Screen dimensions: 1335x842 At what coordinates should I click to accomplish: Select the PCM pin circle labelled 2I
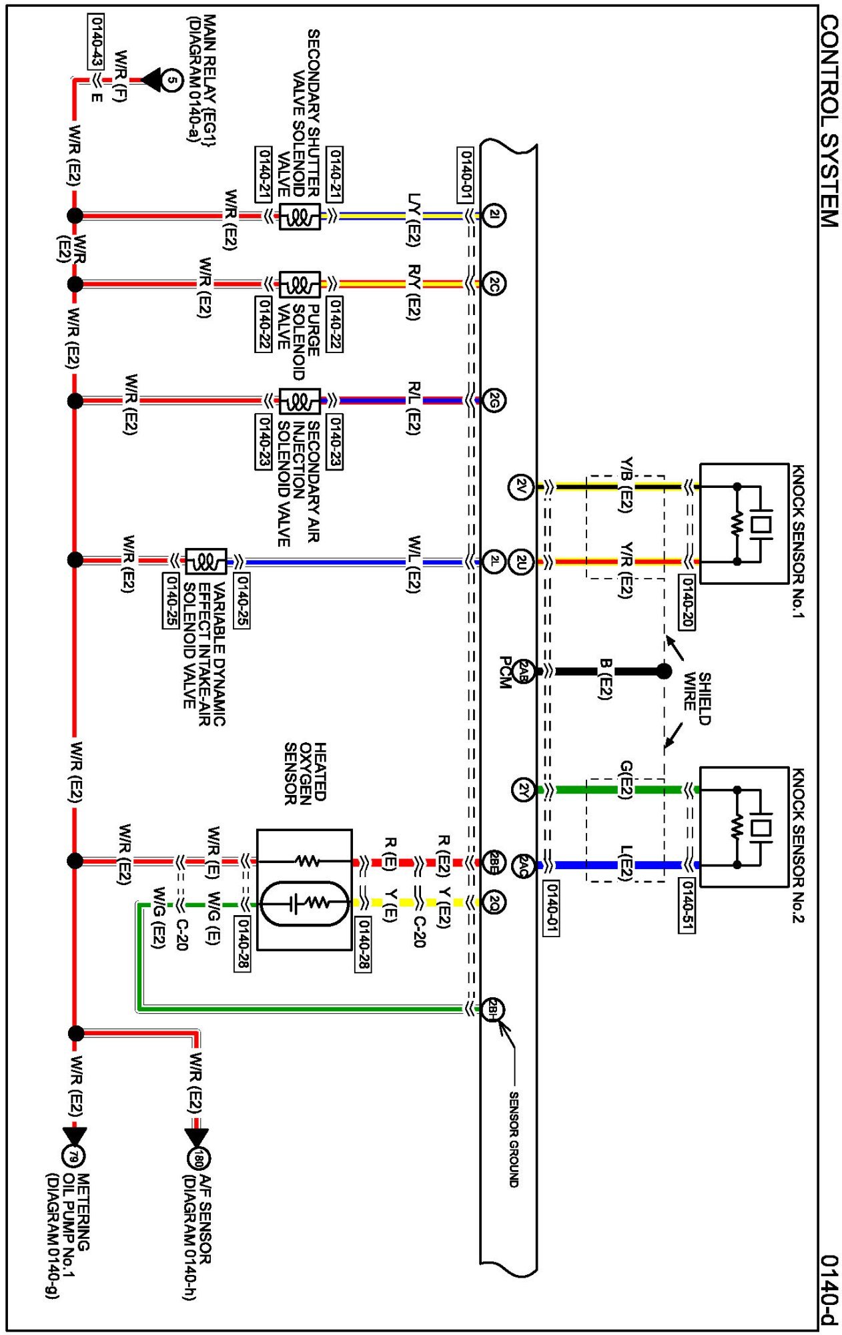[494, 215]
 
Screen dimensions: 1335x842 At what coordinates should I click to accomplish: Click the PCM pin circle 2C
[494, 284]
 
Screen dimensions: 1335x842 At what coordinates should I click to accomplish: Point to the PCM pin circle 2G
[494, 400]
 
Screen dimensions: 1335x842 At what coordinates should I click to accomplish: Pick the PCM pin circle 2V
[522, 487]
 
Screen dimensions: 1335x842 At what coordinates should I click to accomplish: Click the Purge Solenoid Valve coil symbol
[300, 285]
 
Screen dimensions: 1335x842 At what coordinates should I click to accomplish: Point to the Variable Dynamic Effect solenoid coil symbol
[206, 561]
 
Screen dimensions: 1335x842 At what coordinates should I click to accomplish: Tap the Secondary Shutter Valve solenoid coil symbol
[300, 216]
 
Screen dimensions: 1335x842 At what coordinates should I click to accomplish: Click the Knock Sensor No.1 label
[798, 541]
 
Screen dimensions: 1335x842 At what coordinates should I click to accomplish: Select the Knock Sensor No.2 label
[798, 844]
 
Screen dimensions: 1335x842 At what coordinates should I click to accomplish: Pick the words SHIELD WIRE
[697, 698]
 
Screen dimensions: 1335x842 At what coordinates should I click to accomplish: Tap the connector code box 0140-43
[96, 41]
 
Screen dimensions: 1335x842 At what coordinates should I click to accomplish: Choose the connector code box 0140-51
[687, 905]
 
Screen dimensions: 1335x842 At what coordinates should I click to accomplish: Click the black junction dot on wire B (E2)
[664, 671]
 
